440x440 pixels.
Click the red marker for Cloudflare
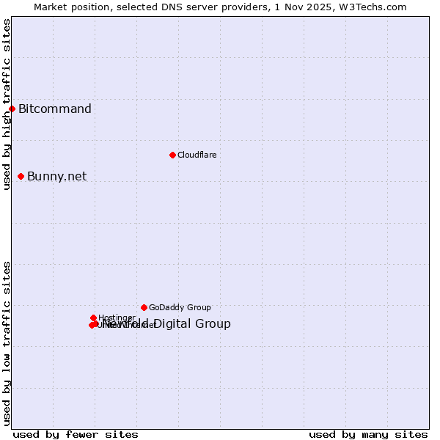coord(172,155)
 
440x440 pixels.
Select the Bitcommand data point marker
coord(12,109)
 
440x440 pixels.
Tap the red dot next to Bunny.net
coord(21,176)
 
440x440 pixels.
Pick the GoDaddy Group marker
coord(144,307)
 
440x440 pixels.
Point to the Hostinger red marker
coord(93,318)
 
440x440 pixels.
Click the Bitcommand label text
coord(55,109)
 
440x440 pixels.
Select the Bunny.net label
coord(57,176)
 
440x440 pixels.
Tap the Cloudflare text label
coord(197,155)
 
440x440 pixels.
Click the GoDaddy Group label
coord(180,307)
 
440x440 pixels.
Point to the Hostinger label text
coord(117,318)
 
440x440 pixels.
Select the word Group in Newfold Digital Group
coord(214,324)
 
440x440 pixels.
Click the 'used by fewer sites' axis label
coord(76,434)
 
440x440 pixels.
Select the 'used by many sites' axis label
coord(368,434)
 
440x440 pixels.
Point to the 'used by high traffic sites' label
coord(7,104)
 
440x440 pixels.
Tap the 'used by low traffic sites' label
coord(7,343)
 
